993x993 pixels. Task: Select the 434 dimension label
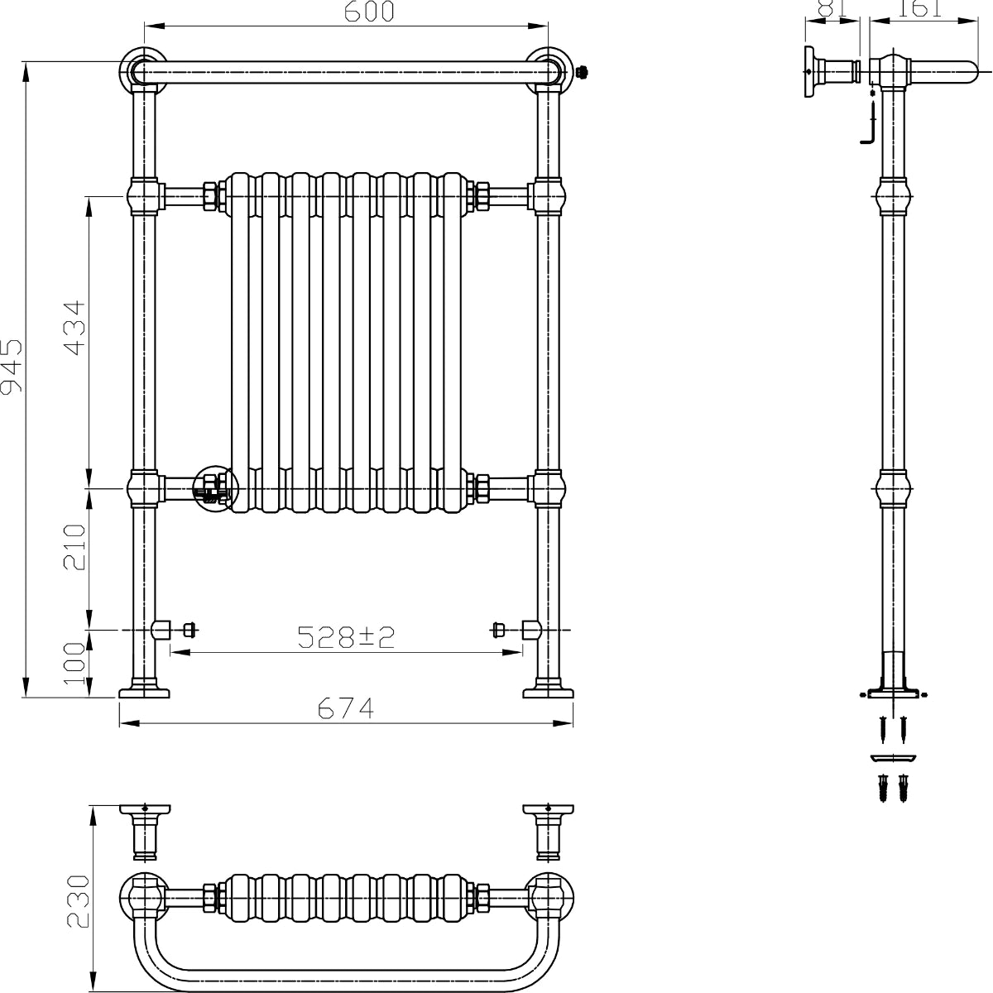[x=74, y=328]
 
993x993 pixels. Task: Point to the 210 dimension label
[x=75, y=547]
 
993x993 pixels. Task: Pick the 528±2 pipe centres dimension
[x=347, y=636]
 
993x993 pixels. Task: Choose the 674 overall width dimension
[x=346, y=709]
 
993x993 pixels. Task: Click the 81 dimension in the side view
[x=830, y=8]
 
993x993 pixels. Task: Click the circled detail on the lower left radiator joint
[x=214, y=488]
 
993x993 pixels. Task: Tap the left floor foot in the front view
[x=144, y=689]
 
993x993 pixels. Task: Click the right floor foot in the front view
[x=549, y=689]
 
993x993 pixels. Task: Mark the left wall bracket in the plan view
[x=145, y=829]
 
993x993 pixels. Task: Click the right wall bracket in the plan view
[x=548, y=829]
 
